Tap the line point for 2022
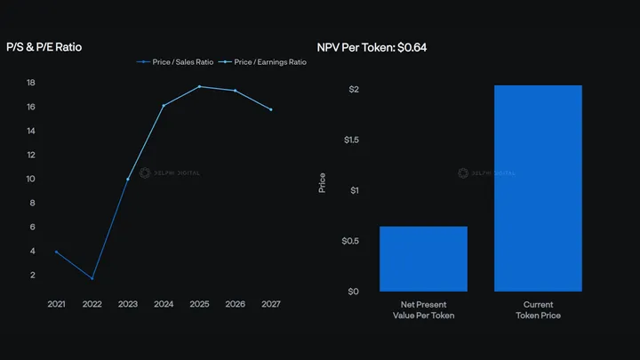[x=92, y=278]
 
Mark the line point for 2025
[x=199, y=86]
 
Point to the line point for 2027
[x=270, y=109]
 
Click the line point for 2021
[x=56, y=252]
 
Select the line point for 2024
[x=164, y=105]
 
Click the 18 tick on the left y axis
[x=30, y=83]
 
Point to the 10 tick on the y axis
[x=30, y=179]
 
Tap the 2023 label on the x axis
[x=128, y=304]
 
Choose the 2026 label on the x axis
[x=235, y=304]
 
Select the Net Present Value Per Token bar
[x=423, y=259]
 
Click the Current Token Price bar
[x=538, y=188]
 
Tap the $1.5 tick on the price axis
[x=350, y=140]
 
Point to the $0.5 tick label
[x=350, y=241]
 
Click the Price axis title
[x=323, y=182]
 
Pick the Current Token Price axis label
[x=538, y=310]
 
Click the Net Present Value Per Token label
[x=423, y=310]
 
